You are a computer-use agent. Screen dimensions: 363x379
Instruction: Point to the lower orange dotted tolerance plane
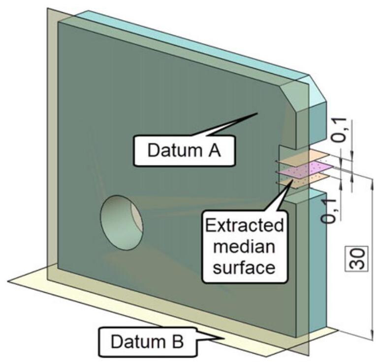301,182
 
